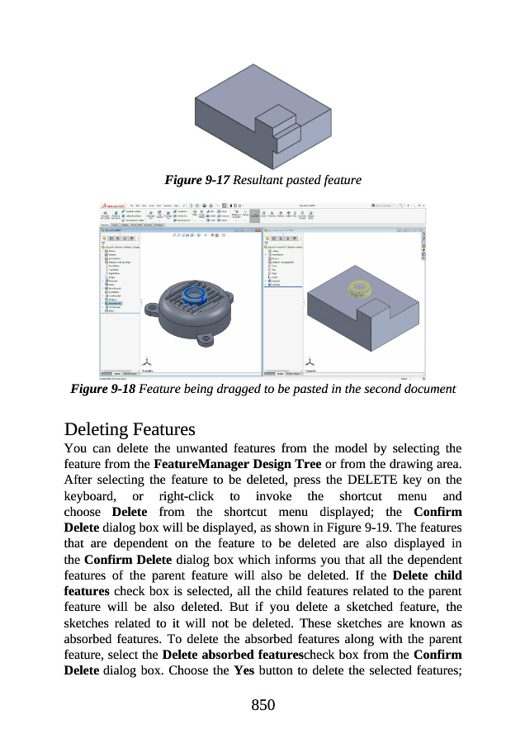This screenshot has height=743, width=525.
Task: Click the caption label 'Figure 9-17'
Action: [197, 179]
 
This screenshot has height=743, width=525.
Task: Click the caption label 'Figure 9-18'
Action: [103, 388]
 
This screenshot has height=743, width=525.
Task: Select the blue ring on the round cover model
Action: [196, 293]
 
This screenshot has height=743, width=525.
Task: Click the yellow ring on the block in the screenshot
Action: [362, 288]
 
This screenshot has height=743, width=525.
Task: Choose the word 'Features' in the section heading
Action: [165, 430]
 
